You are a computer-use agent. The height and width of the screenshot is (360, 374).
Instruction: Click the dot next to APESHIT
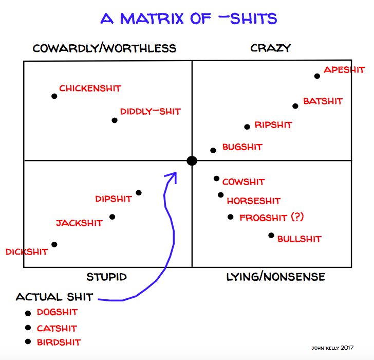(317, 76)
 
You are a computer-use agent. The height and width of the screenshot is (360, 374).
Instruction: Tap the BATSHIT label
(323, 101)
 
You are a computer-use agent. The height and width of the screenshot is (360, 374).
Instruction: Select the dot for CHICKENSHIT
(54, 96)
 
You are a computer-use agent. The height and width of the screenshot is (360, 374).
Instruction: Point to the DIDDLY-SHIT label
(150, 112)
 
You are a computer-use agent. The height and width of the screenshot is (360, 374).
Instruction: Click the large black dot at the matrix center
(192, 161)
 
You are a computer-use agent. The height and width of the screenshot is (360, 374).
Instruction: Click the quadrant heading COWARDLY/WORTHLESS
(104, 48)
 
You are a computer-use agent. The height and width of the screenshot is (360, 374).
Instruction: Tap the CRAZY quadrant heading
(271, 48)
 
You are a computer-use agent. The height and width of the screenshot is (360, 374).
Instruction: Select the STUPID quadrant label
(106, 277)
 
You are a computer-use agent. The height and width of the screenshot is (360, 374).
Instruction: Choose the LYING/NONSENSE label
(276, 277)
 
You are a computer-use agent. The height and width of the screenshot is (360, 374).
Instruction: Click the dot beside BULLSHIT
(271, 236)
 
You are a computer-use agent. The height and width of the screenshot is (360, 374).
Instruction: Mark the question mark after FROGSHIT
(297, 218)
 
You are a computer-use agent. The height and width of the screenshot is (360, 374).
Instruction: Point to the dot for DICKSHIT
(54, 244)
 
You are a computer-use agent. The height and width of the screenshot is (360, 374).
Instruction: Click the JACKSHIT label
(79, 223)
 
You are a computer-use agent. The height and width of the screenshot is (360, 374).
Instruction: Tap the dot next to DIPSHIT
(139, 193)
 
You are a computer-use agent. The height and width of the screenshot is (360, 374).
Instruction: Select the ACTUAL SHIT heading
(54, 297)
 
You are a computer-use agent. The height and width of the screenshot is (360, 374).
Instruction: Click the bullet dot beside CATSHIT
(28, 328)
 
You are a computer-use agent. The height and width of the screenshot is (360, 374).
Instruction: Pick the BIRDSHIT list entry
(59, 342)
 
